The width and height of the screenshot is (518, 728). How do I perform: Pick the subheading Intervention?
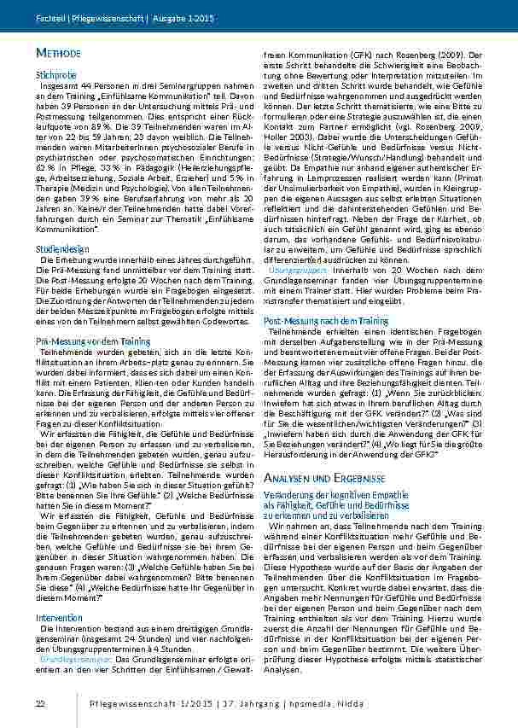(55, 616)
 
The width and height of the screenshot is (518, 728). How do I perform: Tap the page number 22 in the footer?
(39, 702)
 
